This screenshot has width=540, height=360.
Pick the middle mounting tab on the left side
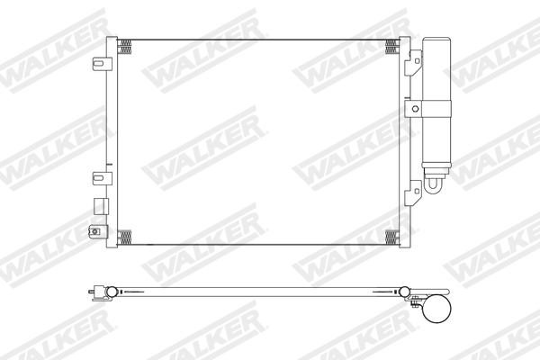[x=100, y=175]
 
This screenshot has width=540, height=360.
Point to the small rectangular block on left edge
[x=95, y=204]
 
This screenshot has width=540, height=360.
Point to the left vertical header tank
[x=111, y=139]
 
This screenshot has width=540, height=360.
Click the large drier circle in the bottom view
[x=436, y=311]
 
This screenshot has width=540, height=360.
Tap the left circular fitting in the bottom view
[x=110, y=292]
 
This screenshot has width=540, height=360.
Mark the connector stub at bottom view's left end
[x=88, y=292]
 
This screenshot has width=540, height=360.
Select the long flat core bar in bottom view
[x=261, y=292]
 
